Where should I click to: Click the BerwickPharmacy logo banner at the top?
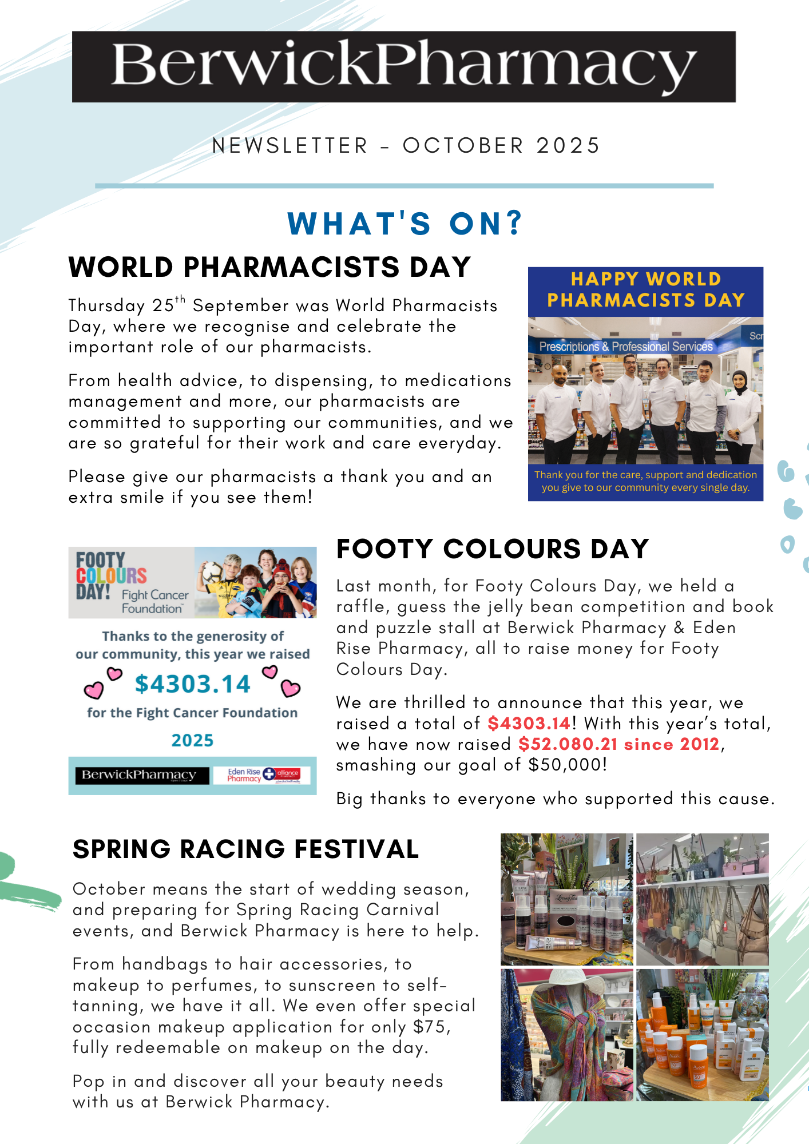(x=404, y=66)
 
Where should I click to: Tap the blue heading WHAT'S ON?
(x=405, y=223)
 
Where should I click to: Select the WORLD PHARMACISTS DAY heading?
(x=269, y=267)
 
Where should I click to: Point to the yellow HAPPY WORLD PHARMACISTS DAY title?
(x=645, y=289)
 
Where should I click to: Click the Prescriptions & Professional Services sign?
(x=626, y=347)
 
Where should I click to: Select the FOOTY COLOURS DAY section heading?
(x=493, y=549)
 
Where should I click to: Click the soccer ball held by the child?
(x=212, y=571)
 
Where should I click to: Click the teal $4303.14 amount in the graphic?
(x=192, y=684)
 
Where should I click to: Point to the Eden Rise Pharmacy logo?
(x=244, y=775)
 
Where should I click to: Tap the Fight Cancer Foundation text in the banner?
(x=154, y=602)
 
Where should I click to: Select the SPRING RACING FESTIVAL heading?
(x=246, y=849)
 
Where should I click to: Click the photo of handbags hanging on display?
(x=703, y=899)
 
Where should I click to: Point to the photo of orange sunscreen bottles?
(x=703, y=1035)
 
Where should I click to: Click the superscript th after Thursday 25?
(x=180, y=299)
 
